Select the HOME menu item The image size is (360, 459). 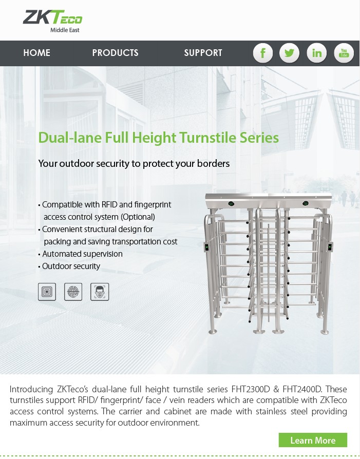(x=37, y=53)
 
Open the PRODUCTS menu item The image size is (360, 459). (x=116, y=53)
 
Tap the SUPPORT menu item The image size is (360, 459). (x=203, y=53)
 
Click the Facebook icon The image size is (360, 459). (x=263, y=53)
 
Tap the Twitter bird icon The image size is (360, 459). (x=290, y=53)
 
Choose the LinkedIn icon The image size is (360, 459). (x=317, y=53)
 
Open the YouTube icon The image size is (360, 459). (x=344, y=53)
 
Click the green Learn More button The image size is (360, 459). (x=313, y=440)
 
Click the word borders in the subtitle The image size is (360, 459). (x=213, y=163)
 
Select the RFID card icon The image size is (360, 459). (x=47, y=292)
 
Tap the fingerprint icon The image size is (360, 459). (x=73, y=292)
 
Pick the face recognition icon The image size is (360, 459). (x=100, y=292)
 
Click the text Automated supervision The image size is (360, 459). (x=82, y=254)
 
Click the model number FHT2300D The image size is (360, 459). (x=251, y=389)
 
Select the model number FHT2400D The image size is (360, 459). (x=302, y=389)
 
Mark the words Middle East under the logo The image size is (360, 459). (x=65, y=30)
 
